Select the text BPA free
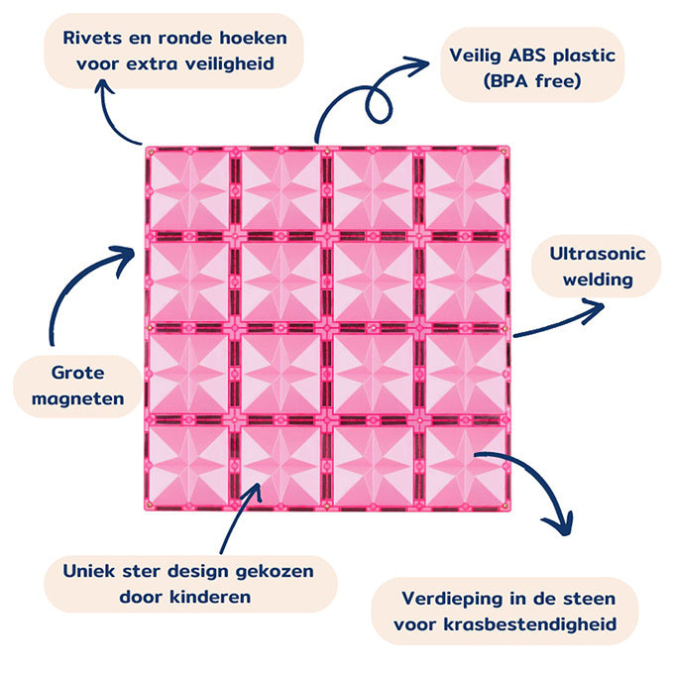(x=531, y=81)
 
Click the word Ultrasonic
(x=597, y=254)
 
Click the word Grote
(x=81, y=373)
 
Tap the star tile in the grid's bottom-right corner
(x=466, y=466)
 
